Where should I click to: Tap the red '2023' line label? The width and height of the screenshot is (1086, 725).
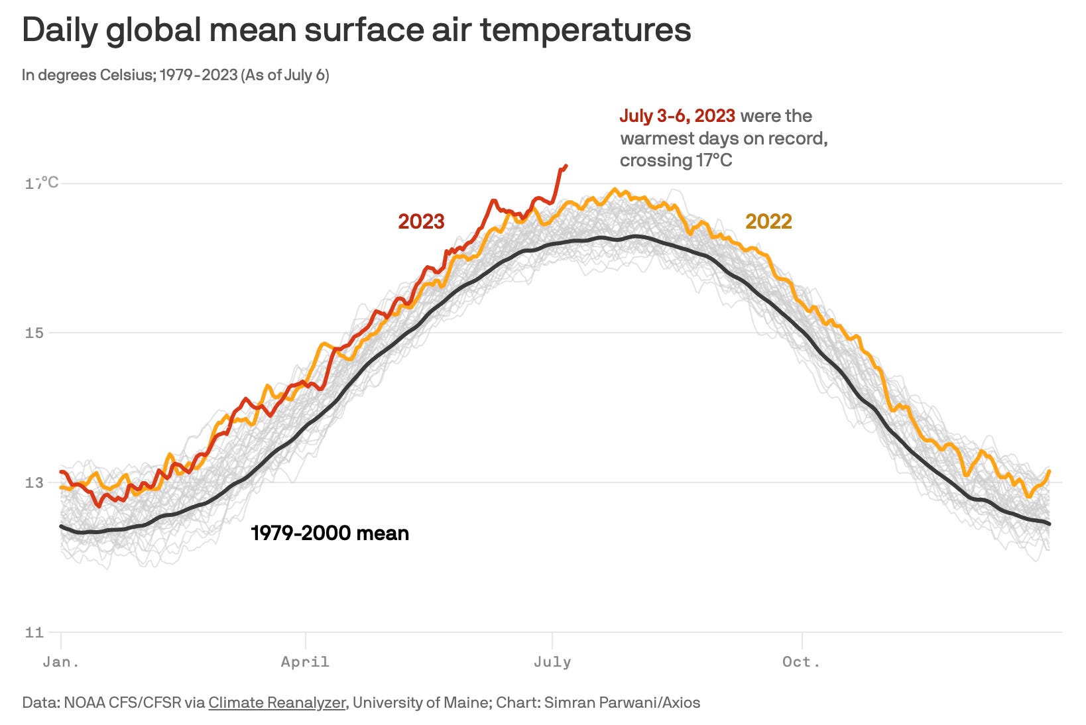click(x=421, y=221)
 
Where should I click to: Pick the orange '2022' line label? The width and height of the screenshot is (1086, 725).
click(x=768, y=221)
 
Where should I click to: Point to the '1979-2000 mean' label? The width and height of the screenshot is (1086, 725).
click(x=330, y=533)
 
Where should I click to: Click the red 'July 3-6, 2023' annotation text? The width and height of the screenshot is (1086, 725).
click(x=677, y=116)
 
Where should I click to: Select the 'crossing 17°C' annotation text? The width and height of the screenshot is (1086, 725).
click(x=676, y=160)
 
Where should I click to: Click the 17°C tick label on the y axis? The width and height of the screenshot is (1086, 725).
click(x=42, y=183)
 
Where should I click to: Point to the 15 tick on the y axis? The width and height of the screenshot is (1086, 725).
click(x=34, y=333)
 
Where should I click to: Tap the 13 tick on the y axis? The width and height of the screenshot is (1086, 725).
click(x=34, y=482)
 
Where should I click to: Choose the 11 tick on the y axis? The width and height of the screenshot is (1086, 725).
click(x=34, y=632)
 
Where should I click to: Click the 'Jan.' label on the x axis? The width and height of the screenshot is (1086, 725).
click(x=61, y=661)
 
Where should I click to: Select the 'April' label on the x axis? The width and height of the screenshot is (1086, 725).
click(x=305, y=661)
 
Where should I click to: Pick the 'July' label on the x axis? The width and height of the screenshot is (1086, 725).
click(x=552, y=661)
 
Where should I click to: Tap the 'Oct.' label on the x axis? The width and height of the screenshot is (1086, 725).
click(x=802, y=661)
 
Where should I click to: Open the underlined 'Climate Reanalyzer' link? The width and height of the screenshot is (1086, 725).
click(x=276, y=702)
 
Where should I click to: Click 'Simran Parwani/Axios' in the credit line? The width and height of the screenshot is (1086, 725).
click(x=622, y=702)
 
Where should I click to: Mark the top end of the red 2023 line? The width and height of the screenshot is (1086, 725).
click(x=566, y=166)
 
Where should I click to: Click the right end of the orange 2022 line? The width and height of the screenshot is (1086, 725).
click(x=1050, y=471)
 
